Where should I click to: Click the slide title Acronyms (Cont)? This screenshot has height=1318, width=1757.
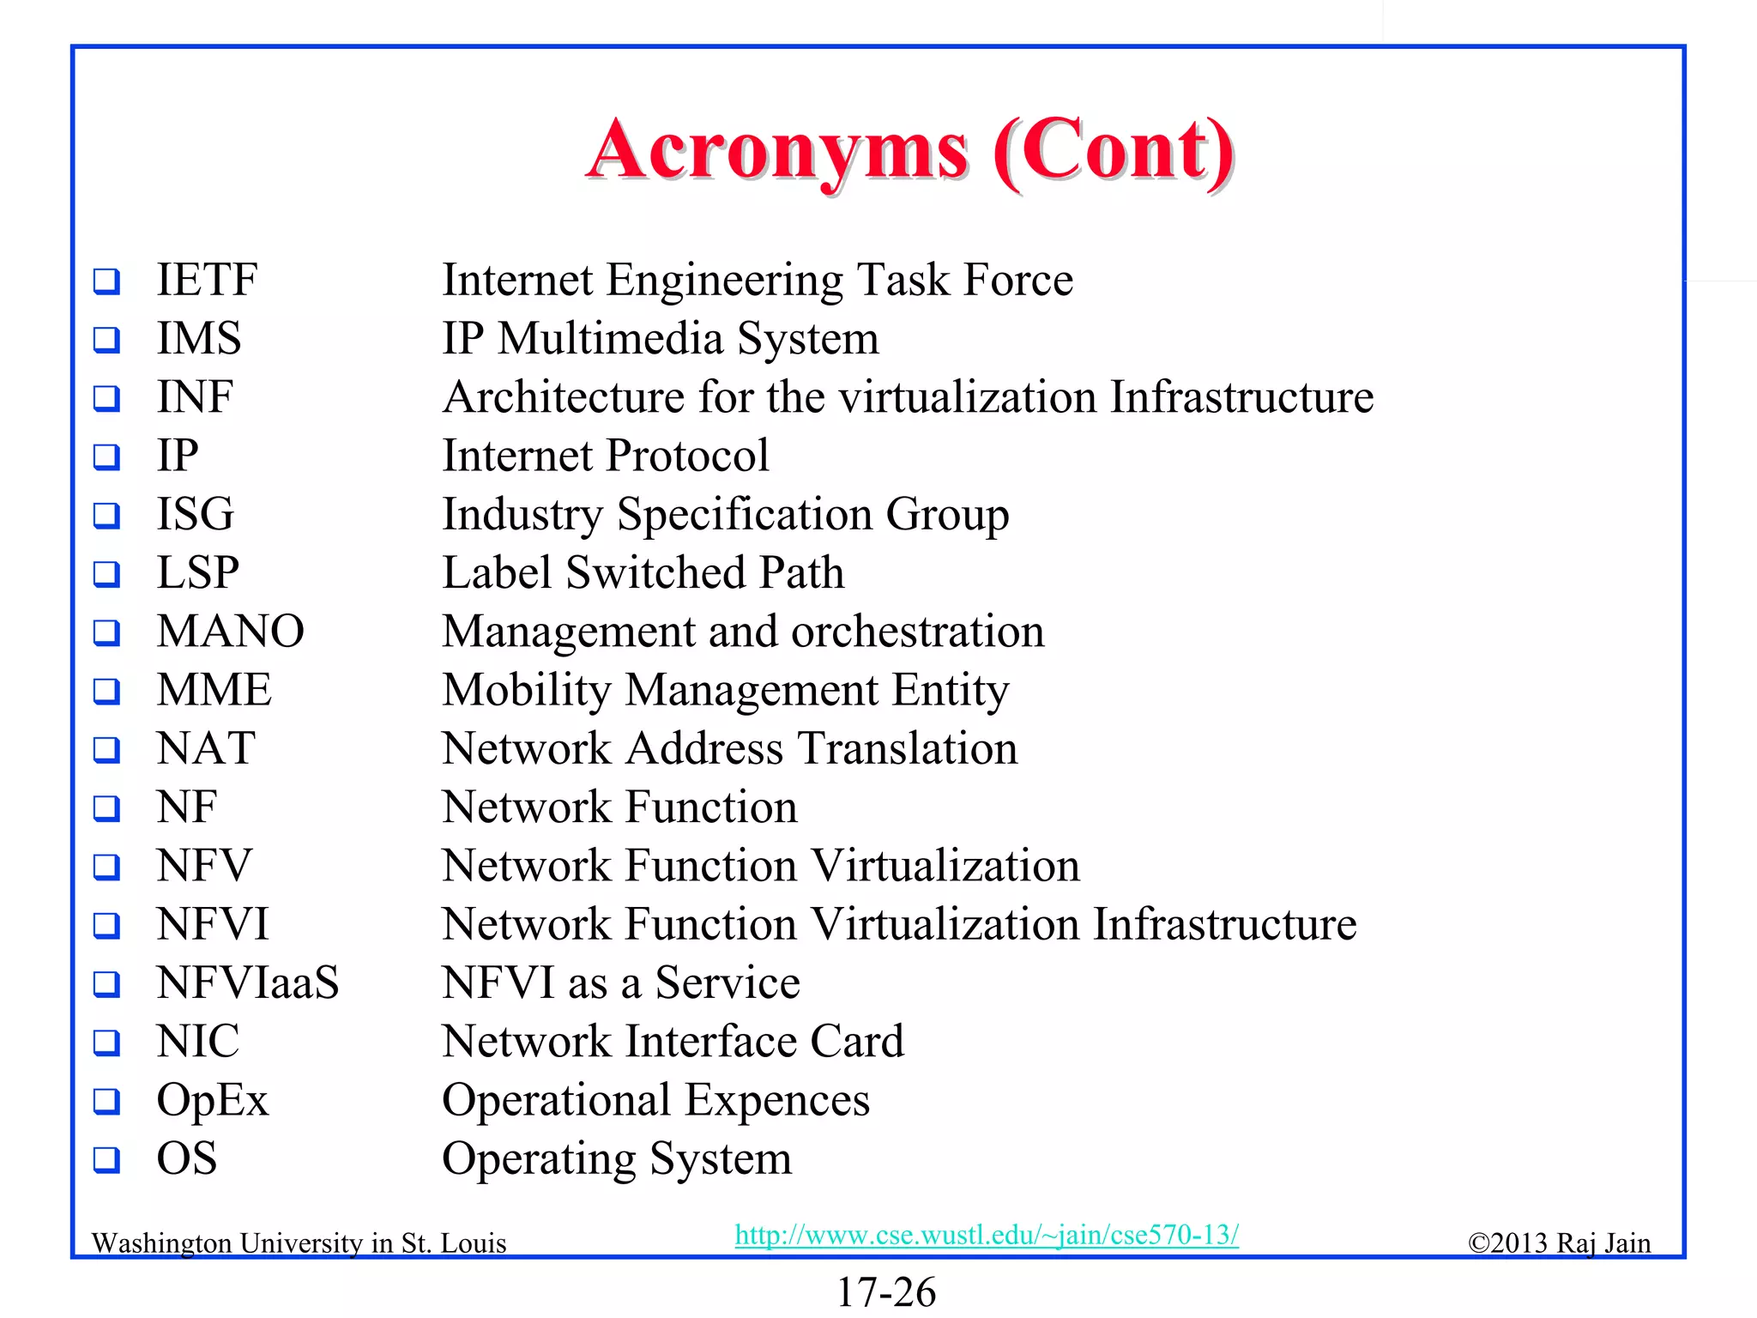pyautogui.click(x=909, y=152)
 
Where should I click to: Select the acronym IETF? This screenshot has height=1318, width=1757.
pyautogui.click(x=207, y=280)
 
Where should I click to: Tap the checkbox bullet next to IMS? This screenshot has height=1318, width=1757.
pyautogui.click(x=106, y=340)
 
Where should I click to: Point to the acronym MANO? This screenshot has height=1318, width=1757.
pyautogui.click(x=230, y=632)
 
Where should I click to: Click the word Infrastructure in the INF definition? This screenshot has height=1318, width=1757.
pyautogui.click(x=1241, y=397)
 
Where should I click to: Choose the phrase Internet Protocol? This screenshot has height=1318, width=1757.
pyautogui.click(x=605, y=456)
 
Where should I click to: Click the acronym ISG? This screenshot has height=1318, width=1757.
pyautogui.click(x=195, y=514)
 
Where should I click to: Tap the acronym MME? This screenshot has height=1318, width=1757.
pyautogui.click(x=214, y=690)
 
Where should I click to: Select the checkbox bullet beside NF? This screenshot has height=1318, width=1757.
pyautogui.click(x=106, y=808)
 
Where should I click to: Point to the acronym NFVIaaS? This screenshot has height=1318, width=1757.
pyautogui.click(x=247, y=982)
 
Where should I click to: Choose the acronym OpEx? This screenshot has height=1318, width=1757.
pyautogui.click(x=212, y=1101)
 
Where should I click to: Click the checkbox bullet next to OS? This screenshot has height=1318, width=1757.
pyautogui.click(x=106, y=1160)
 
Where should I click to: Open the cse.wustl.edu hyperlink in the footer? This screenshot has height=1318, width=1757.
pyautogui.click(x=987, y=1235)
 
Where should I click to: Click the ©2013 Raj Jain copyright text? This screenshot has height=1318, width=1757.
pyautogui.click(x=1558, y=1243)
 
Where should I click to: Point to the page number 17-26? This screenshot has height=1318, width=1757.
pyautogui.click(x=885, y=1292)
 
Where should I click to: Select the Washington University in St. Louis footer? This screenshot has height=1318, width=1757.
pyautogui.click(x=299, y=1243)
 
